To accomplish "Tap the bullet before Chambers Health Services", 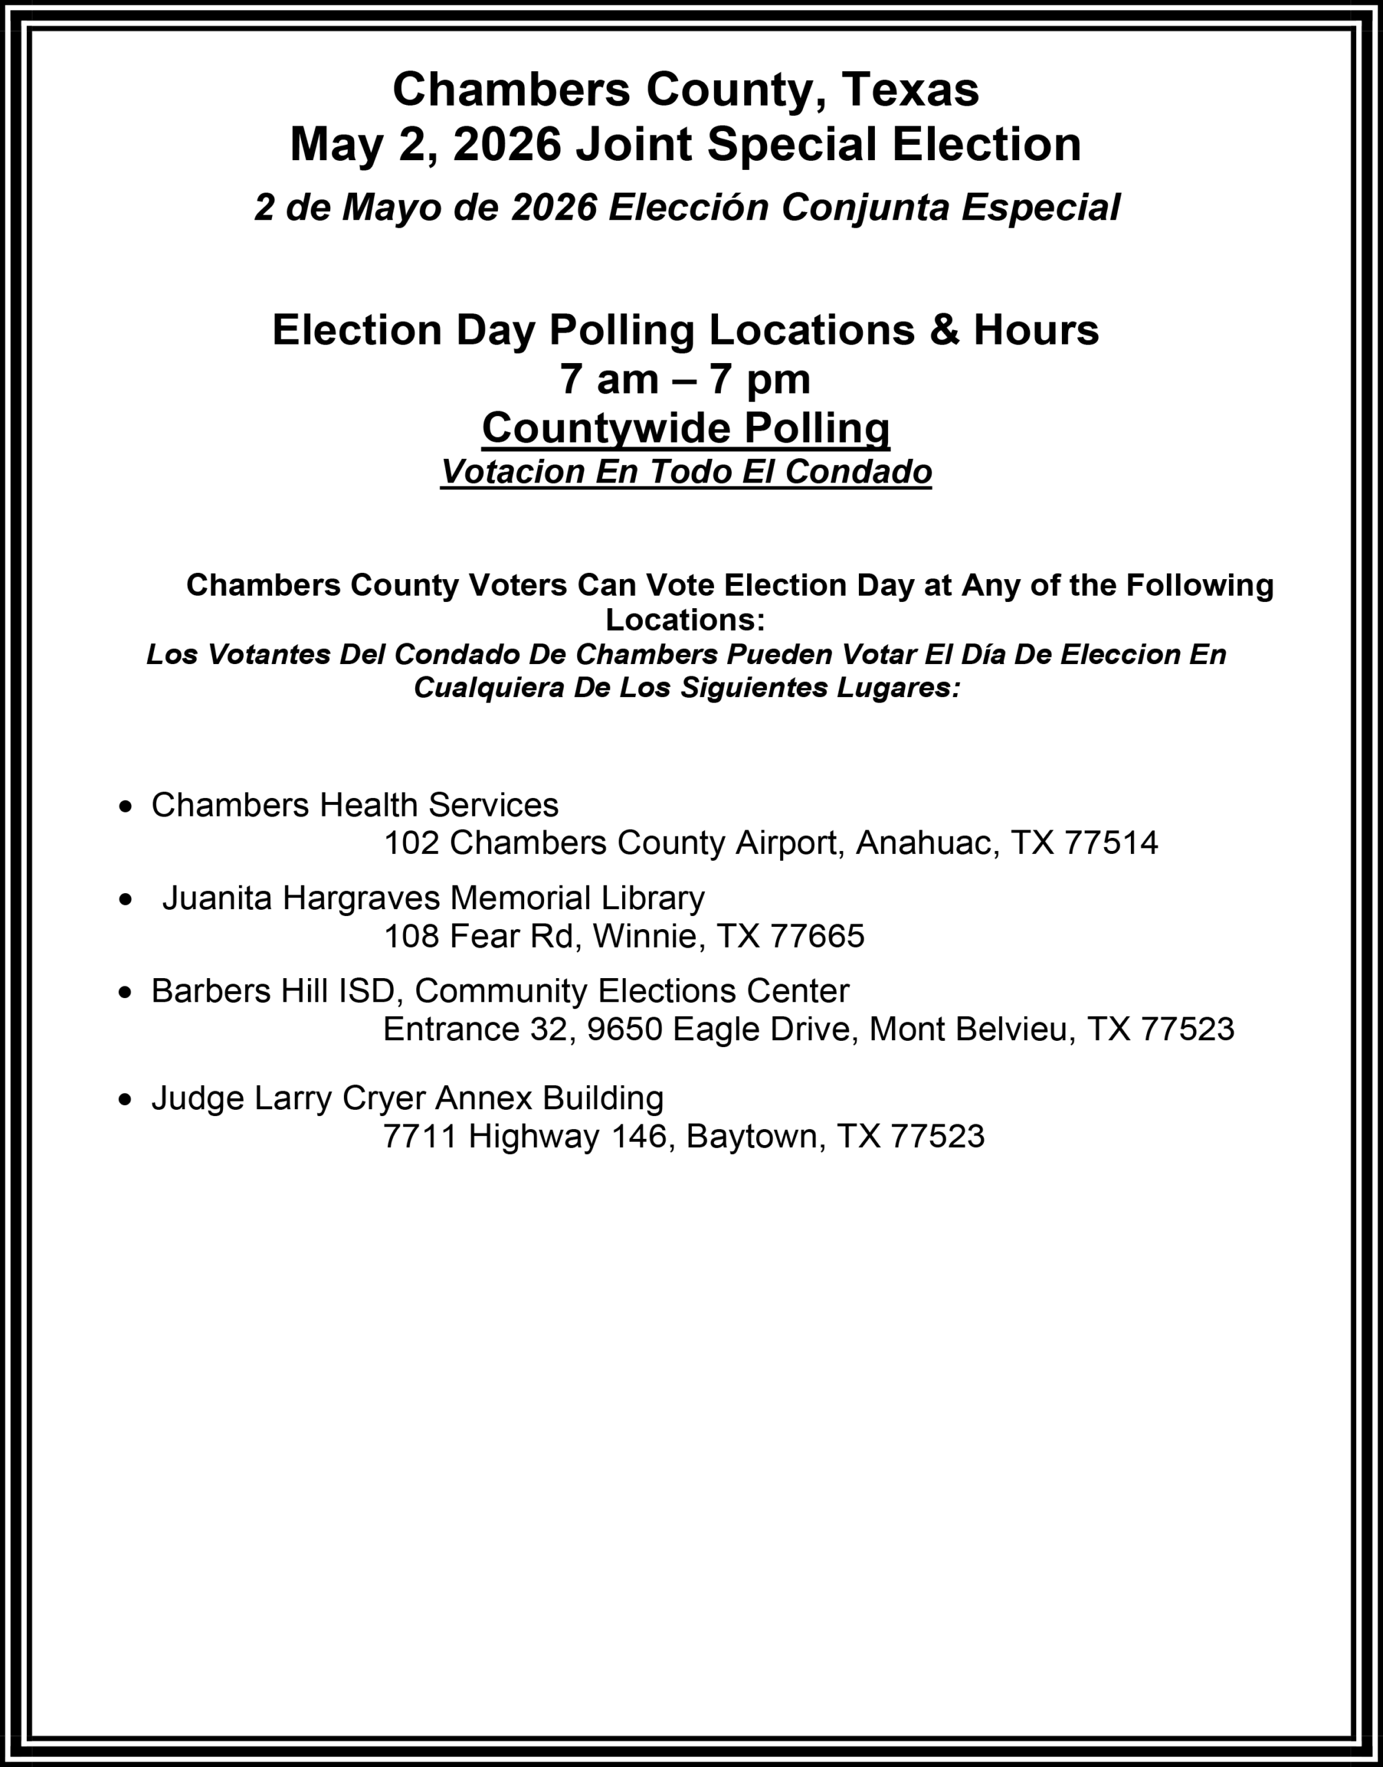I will click(125, 807).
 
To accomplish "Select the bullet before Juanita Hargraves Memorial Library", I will click(125, 900).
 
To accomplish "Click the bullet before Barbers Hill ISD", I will click(125, 993).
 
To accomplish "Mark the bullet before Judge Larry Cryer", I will click(125, 1100).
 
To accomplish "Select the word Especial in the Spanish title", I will click(1041, 207).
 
